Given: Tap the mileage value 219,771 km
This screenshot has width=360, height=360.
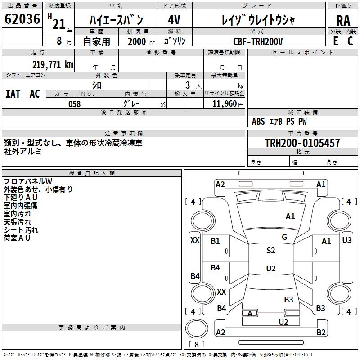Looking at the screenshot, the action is pyautogui.click(x=53, y=65).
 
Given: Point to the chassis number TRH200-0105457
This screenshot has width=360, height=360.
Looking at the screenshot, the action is pyautogui.click(x=302, y=143).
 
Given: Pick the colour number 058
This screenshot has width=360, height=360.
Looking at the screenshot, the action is pyautogui.click(x=74, y=104).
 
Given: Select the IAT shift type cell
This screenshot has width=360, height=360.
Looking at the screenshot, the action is pyautogui.click(x=13, y=94).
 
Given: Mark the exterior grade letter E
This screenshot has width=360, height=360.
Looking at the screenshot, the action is pyautogui.click(x=335, y=41).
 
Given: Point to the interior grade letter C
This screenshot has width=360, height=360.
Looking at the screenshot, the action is pyautogui.click(x=350, y=41).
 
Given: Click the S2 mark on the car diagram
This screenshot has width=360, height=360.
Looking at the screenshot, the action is pyautogui.click(x=270, y=251).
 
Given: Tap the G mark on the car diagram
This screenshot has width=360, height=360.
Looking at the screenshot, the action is pyautogui.click(x=284, y=237).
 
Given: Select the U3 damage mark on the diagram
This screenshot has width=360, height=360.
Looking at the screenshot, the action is pyautogui.click(x=347, y=240).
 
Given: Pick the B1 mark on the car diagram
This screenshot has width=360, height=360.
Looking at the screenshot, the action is pyautogui.click(x=216, y=241).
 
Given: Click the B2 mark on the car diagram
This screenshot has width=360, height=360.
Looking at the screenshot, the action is pyautogui.click(x=321, y=333).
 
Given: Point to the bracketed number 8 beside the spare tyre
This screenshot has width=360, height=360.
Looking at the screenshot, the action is pyautogui.click(x=197, y=344).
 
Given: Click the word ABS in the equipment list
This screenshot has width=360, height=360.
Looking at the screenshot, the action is pyautogui.click(x=258, y=121).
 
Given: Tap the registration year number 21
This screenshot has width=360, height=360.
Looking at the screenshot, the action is pyautogui.click(x=58, y=24).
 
